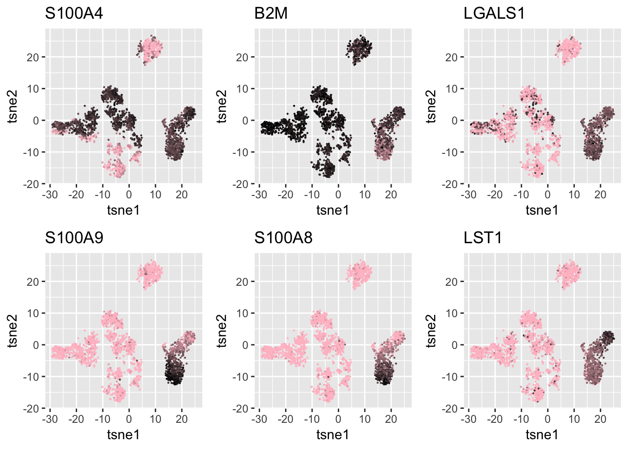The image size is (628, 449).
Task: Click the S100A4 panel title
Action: (x=74, y=14)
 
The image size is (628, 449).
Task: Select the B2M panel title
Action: (x=271, y=14)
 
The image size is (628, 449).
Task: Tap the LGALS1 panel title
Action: (x=494, y=14)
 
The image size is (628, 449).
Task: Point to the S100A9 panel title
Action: (x=74, y=238)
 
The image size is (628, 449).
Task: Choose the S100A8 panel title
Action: (x=283, y=238)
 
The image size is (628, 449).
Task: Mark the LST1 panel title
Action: (x=483, y=238)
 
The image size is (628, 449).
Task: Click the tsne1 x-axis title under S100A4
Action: (x=123, y=210)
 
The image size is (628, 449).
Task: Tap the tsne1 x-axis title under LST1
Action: (x=542, y=435)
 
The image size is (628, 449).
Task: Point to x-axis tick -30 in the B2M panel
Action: (x=259, y=195)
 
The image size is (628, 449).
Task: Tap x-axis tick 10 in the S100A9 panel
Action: (x=156, y=419)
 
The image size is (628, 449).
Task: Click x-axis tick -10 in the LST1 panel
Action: (x=521, y=419)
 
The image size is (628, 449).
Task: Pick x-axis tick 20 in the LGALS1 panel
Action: (x=600, y=195)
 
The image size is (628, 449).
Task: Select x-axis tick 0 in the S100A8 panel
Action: (x=338, y=419)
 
